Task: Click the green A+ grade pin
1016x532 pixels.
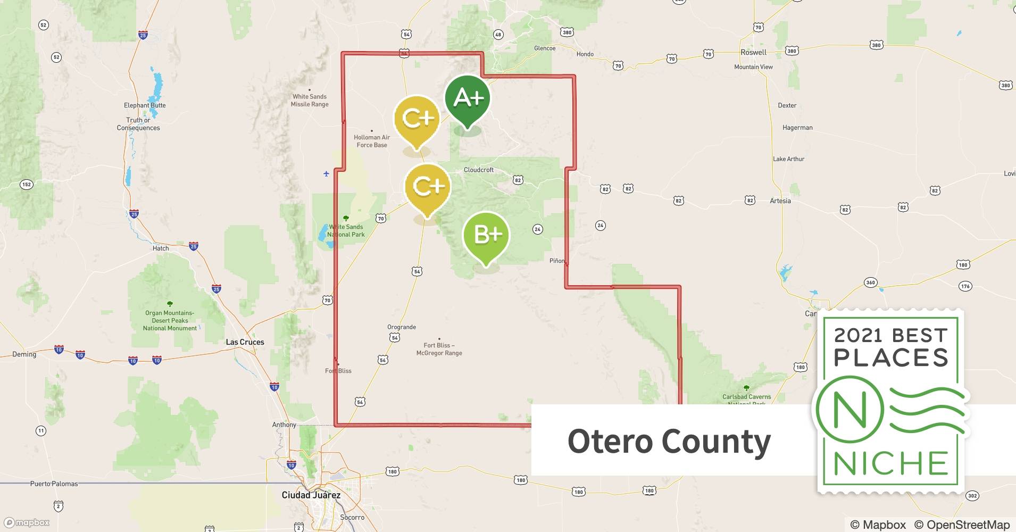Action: point(467,99)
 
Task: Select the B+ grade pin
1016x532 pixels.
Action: point(486,235)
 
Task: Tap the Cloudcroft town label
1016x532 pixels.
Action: point(479,170)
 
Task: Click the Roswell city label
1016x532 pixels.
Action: point(753,52)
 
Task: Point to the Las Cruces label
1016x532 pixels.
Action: point(245,342)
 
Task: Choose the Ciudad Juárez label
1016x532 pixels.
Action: point(311,495)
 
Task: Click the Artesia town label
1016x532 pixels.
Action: point(780,201)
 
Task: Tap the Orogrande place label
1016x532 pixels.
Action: point(402,327)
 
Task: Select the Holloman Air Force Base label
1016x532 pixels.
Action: point(372,141)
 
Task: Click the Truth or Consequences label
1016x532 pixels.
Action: point(138,124)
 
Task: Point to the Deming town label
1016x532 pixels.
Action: point(24,354)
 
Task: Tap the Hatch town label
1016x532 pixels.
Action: point(161,248)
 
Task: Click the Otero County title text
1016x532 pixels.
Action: point(669,441)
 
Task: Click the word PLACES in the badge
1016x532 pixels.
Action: point(891,358)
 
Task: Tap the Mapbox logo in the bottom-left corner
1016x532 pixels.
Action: point(27,522)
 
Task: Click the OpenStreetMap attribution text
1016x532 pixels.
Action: point(962,525)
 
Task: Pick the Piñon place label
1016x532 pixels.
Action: point(557,261)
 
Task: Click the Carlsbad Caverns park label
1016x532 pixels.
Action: point(746,397)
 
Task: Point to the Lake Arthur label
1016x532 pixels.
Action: point(788,159)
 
